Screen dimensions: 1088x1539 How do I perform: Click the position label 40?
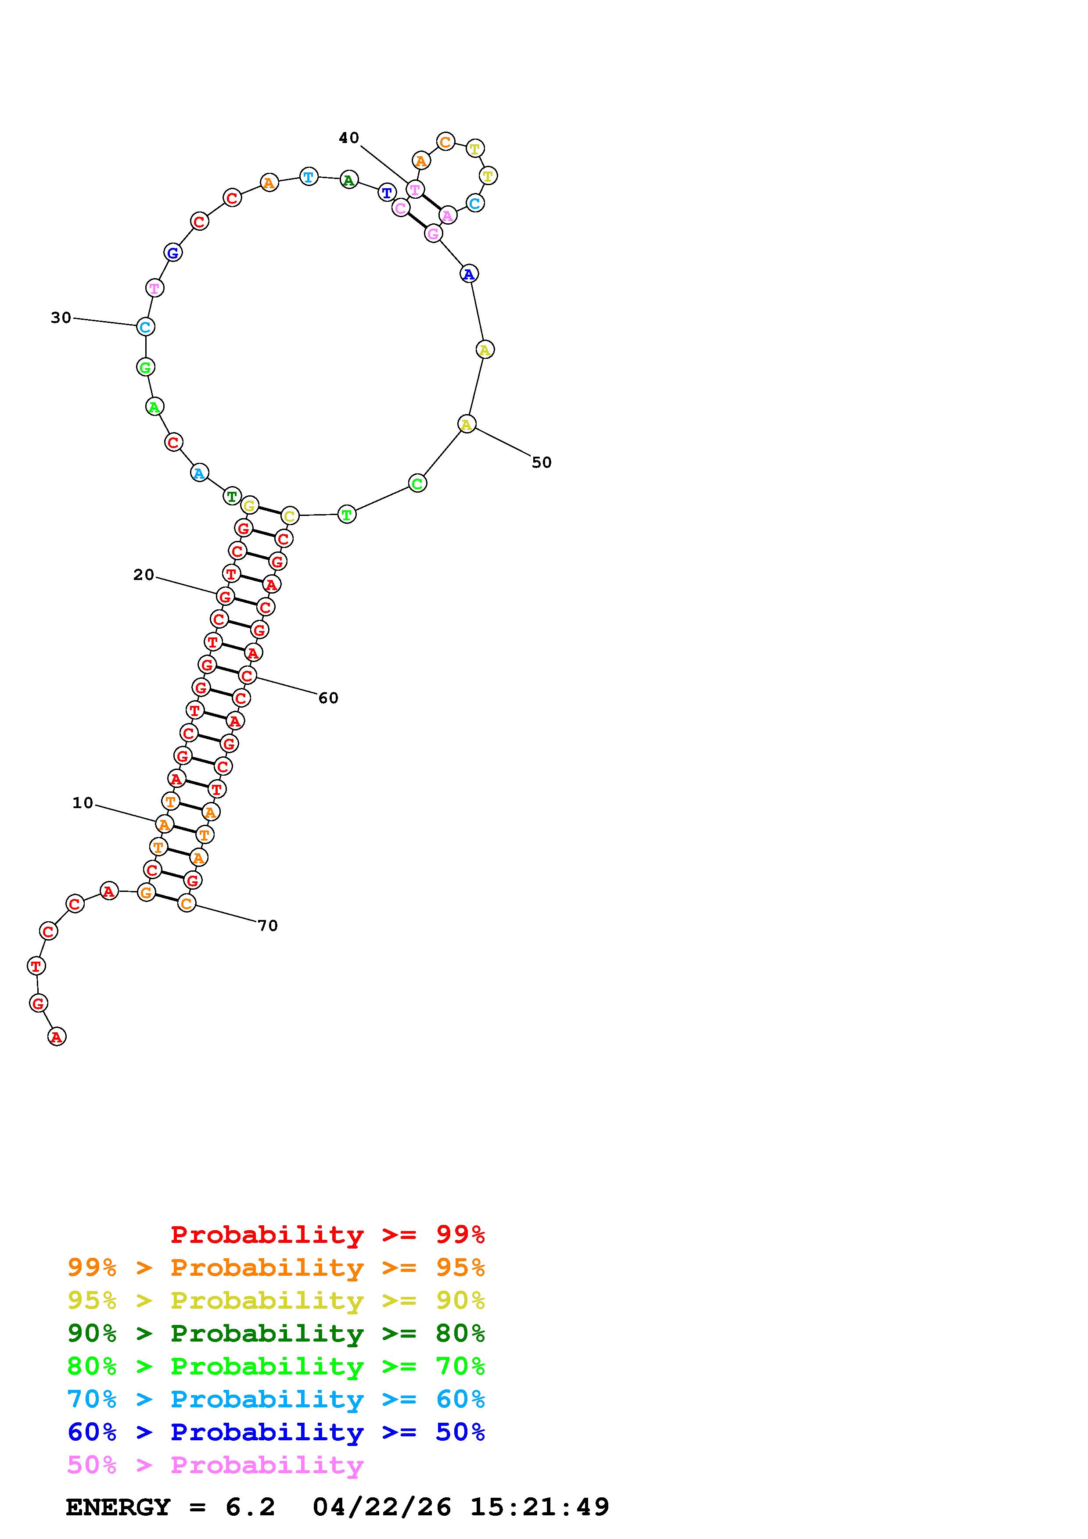point(348,138)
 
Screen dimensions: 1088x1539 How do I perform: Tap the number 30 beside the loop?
point(61,318)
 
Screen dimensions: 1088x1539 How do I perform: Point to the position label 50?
point(542,462)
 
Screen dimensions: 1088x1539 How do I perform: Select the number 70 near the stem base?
point(267,926)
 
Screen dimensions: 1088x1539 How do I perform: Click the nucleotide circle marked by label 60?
point(247,676)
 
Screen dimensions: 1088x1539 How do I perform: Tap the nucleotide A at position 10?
point(164,824)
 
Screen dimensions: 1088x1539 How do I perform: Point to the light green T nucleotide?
point(347,515)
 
